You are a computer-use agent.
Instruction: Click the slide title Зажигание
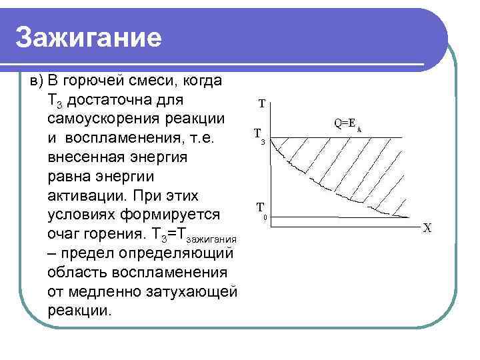(x=89, y=39)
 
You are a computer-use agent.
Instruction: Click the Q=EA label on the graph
(x=347, y=123)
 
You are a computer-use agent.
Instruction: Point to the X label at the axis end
(x=427, y=228)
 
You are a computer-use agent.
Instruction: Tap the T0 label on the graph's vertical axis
(x=262, y=209)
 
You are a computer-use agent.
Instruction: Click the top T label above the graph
(x=262, y=104)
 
